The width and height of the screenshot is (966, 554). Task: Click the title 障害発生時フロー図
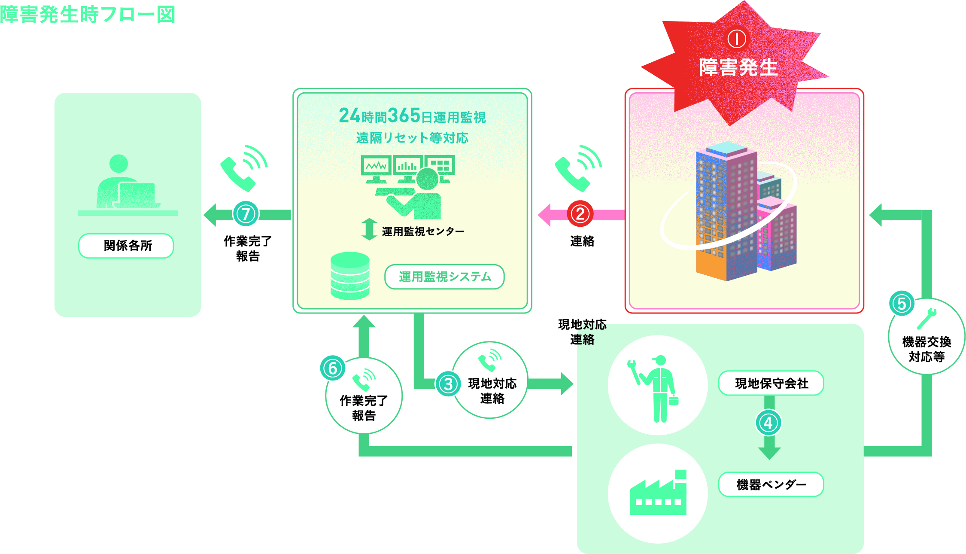coord(88,15)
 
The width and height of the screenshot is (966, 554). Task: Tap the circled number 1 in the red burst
coord(736,39)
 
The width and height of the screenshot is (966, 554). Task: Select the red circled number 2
coord(580,214)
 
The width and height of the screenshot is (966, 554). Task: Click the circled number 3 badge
coord(448,384)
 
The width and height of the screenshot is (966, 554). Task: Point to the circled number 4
coord(768,423)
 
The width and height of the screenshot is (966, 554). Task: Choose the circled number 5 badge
coord(901,304)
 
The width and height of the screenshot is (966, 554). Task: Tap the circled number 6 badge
coord(332,368)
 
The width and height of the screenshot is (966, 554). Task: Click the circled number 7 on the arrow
coord(246,214)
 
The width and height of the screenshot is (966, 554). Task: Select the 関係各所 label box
coord(126,246)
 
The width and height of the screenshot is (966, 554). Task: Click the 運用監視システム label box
coord(444,277)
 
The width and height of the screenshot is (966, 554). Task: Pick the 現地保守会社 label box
coord(771,383)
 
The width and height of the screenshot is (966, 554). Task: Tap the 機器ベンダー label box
coord(771,484)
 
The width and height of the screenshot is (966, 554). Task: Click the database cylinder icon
coord(350,276)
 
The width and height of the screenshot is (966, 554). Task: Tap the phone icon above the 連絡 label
coord(577,168)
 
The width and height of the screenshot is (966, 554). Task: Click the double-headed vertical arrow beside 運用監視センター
coord(369,229)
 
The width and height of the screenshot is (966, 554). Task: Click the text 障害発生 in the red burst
coord(738,67)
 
